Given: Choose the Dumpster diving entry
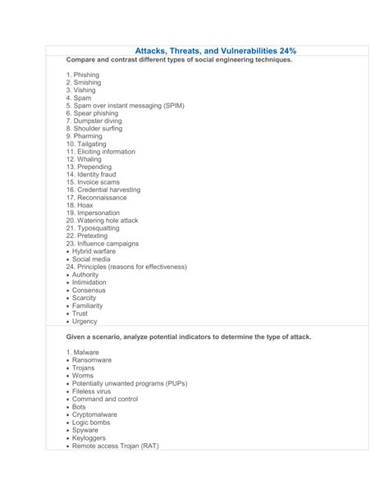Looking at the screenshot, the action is click(96, 121).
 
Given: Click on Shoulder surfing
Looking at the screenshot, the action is click(96, 129).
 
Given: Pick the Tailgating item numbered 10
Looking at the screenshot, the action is click(87, 144).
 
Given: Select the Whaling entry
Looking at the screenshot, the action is click(84, 159).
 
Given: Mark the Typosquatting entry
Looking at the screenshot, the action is click(93, 228).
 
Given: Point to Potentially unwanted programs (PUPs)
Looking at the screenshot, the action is click(130, 383).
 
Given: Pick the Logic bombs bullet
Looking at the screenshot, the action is click(92, 422).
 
